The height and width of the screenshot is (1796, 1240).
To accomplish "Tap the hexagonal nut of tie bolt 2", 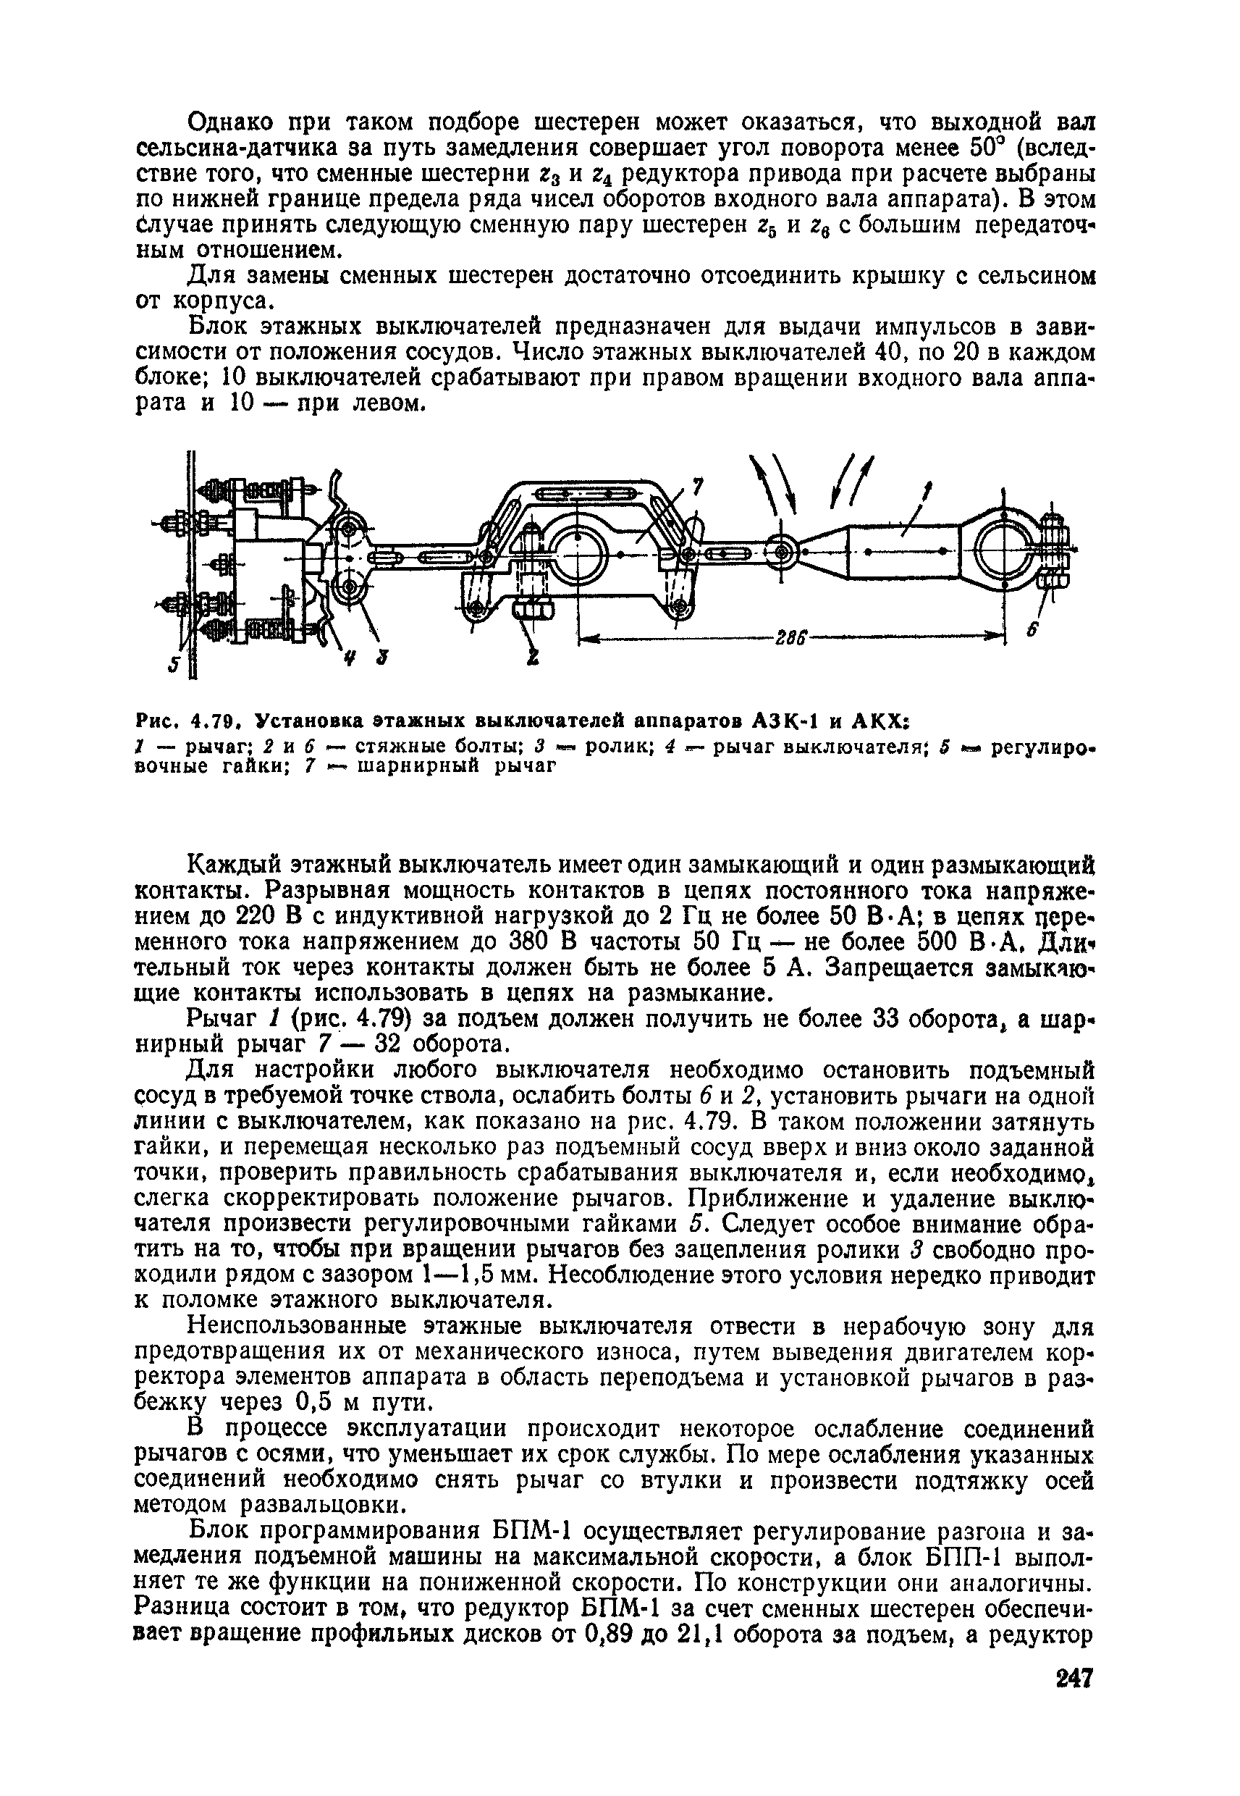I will point(533,608).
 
